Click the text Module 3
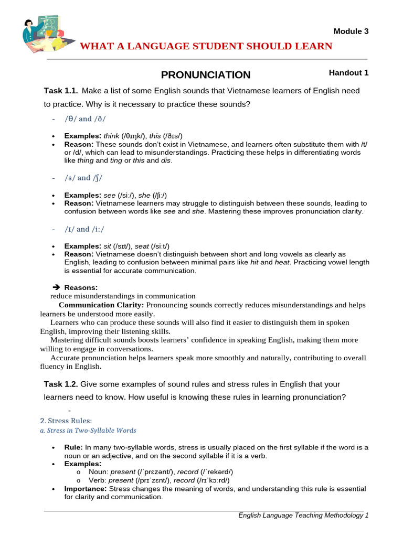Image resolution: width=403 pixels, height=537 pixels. click(x=351, y=31)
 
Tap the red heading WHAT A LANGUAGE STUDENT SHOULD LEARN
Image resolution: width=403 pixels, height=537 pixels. click(x=206, y=47)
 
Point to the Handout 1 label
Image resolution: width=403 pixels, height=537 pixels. click(x=348, y=73)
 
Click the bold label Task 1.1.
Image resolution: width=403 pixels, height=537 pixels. click(x=61, y=91)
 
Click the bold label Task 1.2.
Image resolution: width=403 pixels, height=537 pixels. click(x=61, y=384)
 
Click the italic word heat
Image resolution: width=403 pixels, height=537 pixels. click(x=282, y=262)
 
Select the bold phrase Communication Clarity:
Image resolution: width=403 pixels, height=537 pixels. click(x=101, y=305)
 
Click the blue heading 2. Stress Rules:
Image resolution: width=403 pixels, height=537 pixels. click(x=66, y=421)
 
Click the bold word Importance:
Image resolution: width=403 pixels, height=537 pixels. click(x=86, y=488)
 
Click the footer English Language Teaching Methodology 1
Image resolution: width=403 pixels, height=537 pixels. click(x=303, y=515)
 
